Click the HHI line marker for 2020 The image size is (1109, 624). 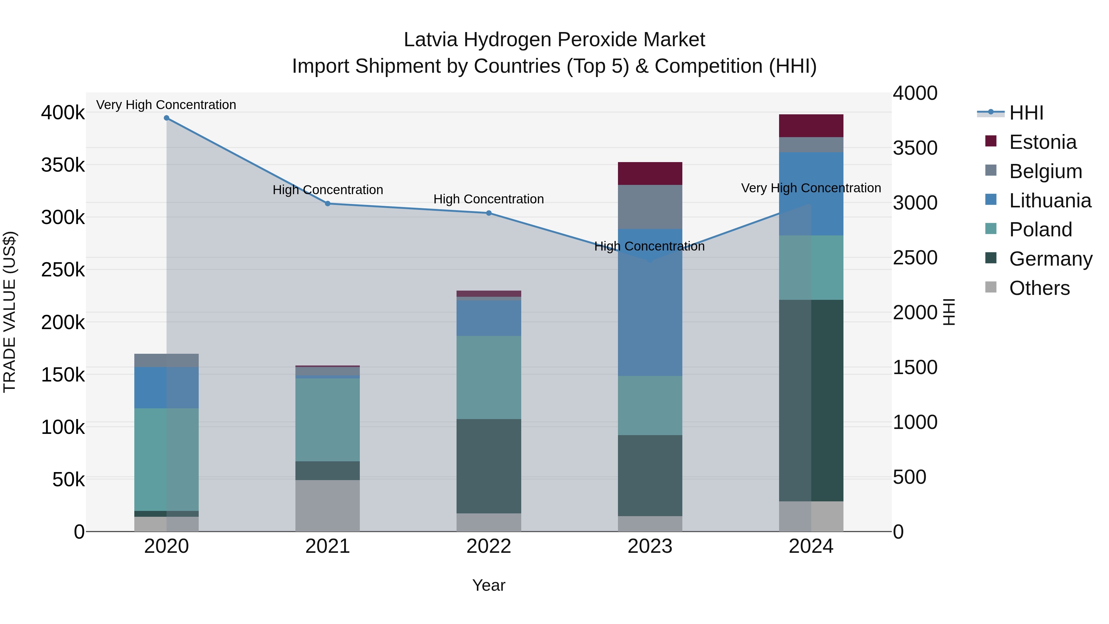pyautogui.click(x=167, y=118)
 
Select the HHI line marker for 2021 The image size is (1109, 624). pyautogui.click(x=328, y=204)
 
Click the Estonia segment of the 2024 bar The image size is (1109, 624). pyautogui.click(x=811, y=126)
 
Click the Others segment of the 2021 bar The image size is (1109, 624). pyautogui.click(x=328, y=506)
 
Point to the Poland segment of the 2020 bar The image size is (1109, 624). pyautogui.click(x=167, y=459)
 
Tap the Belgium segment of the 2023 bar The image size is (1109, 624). pyautogui.click(x=650, y=207)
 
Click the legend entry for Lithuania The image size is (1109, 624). pyautogui.click(x=1050, y=201)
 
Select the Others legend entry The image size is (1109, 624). pyautogui.click(x=1039, y=288)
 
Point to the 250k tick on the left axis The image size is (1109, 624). pyautogui.click(x=63, y=270)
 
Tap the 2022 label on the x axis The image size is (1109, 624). pyautogui.click(x=489, y=546)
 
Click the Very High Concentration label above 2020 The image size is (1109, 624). pyautogui.click(x=166, y=105)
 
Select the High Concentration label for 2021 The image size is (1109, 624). pyautogui.click(x=328, y=190)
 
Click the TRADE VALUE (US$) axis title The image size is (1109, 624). pyautogui.click(x=10, y=312)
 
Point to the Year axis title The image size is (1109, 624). pyautogui.click(x=489, y=585)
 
